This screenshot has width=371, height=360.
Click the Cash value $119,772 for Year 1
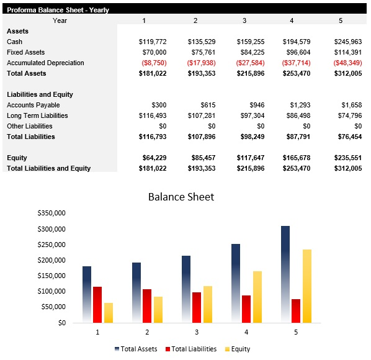coord(152,42)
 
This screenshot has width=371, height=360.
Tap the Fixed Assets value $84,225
coord(249,52)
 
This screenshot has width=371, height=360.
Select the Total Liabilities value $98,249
coord(250,137)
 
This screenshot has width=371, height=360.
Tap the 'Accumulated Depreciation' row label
coord(45,63)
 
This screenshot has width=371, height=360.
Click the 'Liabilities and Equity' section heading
coord(40,94)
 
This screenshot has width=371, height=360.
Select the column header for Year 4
coord(292,20)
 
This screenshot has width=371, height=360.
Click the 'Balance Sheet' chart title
coord(181,197)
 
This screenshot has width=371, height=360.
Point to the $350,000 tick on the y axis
coord(52,213)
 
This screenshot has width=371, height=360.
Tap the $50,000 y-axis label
coord(54,307)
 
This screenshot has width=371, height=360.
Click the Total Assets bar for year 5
coord(285,273)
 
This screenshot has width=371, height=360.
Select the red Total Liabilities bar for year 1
coord(97,304)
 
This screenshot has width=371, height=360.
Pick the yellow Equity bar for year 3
coord(208,304)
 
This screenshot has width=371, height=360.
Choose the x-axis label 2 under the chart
coord(147,333)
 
